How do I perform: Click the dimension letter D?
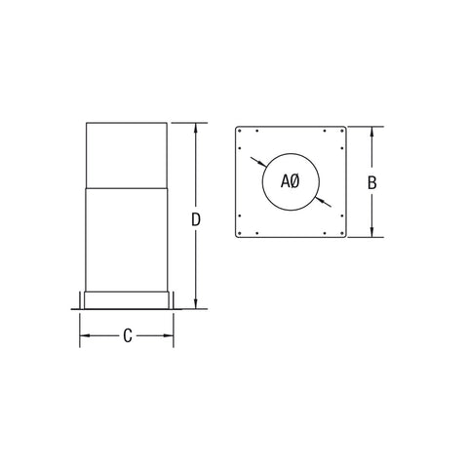pos(196,220)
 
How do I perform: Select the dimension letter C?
pos(128,335)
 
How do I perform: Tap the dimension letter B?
pos(372,182)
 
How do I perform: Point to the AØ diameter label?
pos(291,181)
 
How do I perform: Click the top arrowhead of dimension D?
pos(195,128)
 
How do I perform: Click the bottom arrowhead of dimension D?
pos(195,304)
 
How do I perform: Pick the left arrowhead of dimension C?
pos(85,335)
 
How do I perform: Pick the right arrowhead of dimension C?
pos(169,335)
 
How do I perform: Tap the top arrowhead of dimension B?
pos(372,132)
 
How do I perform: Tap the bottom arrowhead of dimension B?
pos(372,232)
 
